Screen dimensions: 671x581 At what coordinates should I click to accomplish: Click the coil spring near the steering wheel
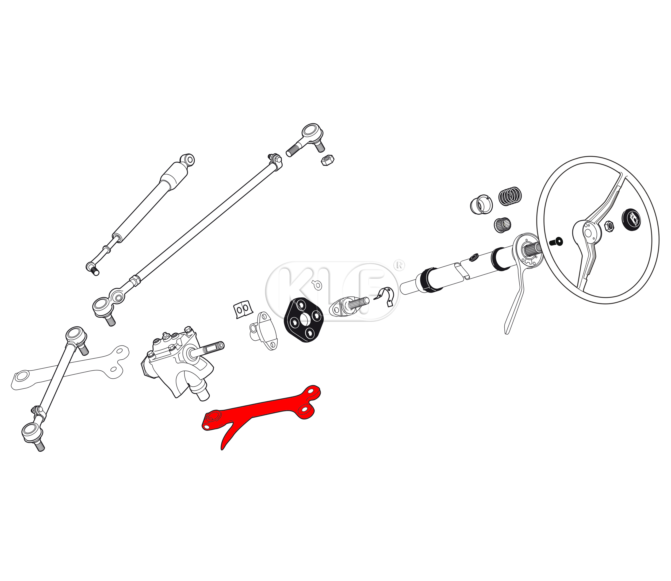(x=510, y=196)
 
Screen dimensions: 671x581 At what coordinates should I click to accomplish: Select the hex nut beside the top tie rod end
(x=328, y=160)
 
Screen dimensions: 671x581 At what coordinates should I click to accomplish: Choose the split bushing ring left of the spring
(x=481, y=204)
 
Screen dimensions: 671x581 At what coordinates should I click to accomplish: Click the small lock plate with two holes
(x=242, y=309)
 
